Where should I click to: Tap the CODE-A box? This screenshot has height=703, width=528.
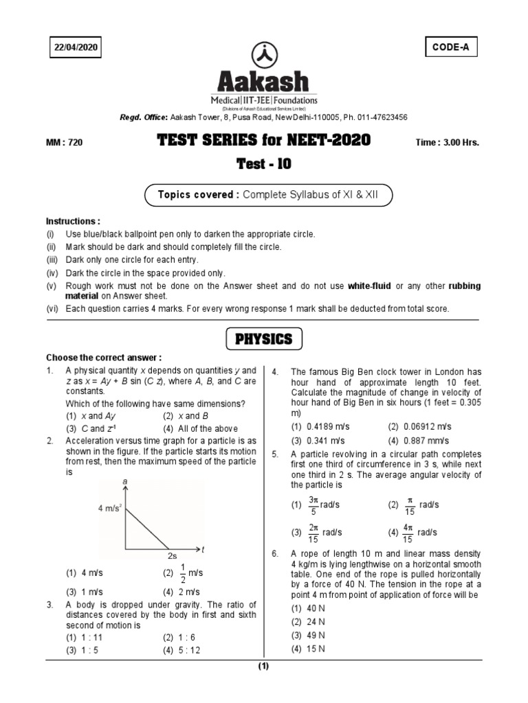(x=451, y=47)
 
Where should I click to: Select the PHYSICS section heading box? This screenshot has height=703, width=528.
(x=264, y=339)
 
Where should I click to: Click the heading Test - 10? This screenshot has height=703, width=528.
(x=264, y=165)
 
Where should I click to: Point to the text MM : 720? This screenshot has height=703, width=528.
(x=65, y=142)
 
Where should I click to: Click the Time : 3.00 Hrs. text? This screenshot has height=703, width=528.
(x=447, y=142)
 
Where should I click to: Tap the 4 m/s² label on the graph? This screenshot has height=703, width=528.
(x=110, y=508)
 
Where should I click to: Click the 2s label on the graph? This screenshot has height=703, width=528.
(x=173, y=555)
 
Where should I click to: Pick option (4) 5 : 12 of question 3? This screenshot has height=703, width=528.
(x=181, y=651)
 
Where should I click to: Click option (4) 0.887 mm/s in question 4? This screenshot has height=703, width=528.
(x=418, y=440)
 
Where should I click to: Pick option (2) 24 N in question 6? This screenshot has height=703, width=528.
(x=308, y=622)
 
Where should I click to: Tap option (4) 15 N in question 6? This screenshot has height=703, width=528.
(x=308, y=649)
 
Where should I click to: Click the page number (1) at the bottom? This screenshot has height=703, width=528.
(x=264, y=667)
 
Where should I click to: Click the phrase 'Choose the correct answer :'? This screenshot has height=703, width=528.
(x=104, y=358)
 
